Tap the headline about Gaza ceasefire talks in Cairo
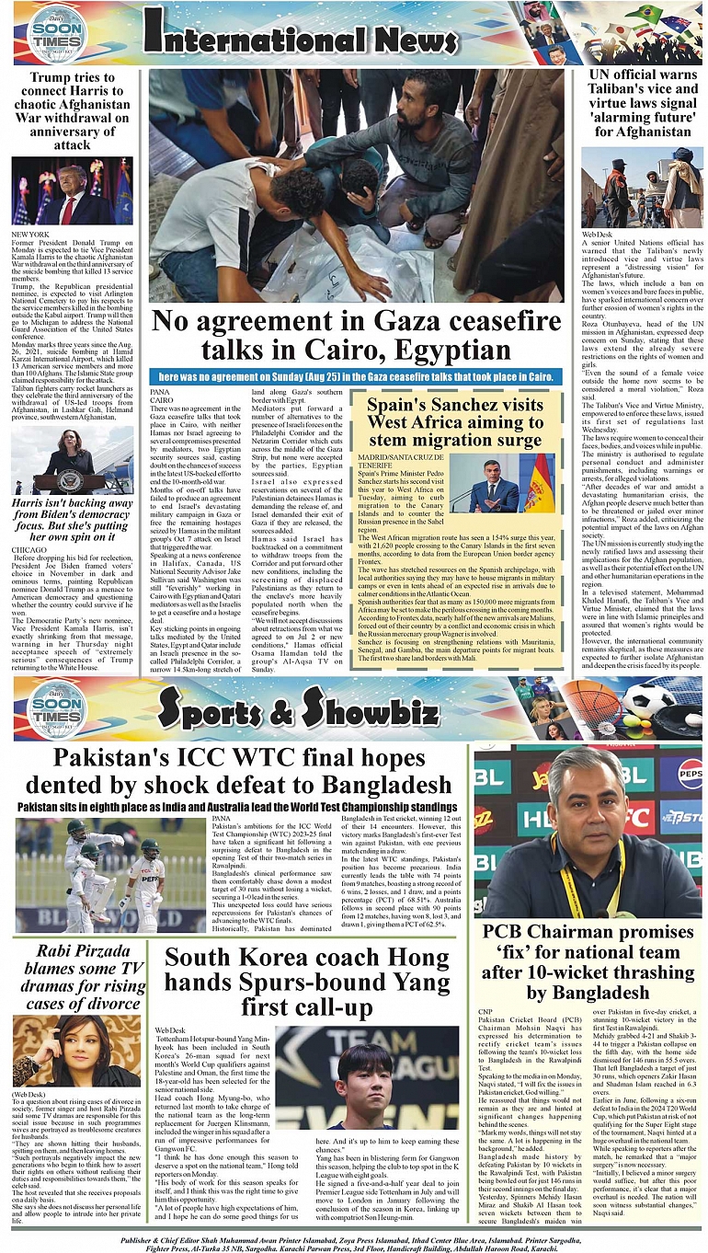[356, 336]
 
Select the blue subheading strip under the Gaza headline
[356, 376]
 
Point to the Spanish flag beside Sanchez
[542, 483]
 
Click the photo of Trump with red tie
[72, 191]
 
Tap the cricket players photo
[109, 874]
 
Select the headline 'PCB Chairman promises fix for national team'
[588, 962]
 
